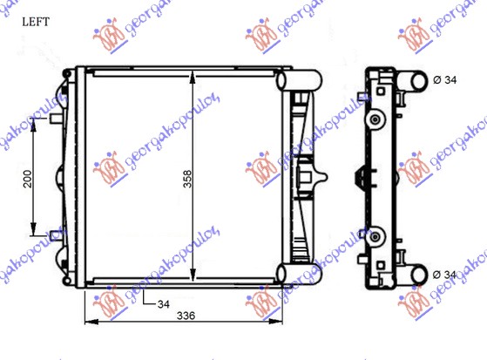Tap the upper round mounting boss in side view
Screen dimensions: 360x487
(375, 119)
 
